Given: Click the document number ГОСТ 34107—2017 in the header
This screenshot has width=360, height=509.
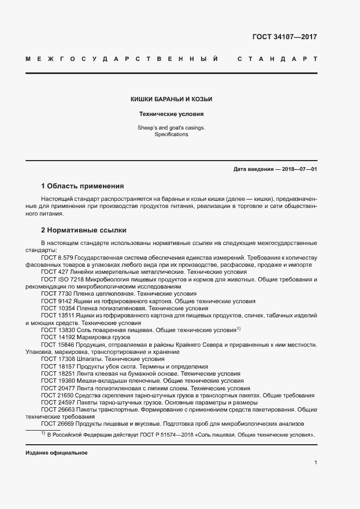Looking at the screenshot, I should pos(284,37).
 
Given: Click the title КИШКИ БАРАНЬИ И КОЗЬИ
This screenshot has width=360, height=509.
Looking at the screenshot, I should pos(171,99).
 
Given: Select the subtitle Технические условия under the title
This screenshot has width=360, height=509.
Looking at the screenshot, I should pos(171,114).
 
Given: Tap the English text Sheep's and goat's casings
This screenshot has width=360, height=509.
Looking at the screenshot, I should pos(171,127).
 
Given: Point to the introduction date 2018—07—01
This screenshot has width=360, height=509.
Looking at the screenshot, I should pos(299,169).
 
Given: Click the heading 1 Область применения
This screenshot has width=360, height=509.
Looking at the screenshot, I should pos(83,186).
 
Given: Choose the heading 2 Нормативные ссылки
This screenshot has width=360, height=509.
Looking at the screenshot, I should pos(84,230).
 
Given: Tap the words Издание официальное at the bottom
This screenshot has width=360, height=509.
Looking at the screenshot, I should pos(57,453).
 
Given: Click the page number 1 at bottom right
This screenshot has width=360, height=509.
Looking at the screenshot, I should pos(315,463).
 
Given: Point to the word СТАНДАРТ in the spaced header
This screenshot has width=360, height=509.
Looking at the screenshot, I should pos(277,58).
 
